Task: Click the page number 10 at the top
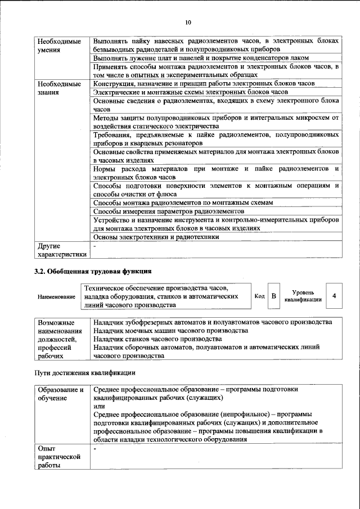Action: (188, 22)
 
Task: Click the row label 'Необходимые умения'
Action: (59, 46)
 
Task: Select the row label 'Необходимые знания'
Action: (59, 87)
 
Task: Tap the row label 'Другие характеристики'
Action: (61, 250)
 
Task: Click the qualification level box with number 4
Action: (335, 295)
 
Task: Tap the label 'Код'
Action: (259, 296)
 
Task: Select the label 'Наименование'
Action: (57, 296)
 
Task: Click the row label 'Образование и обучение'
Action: (61, 394)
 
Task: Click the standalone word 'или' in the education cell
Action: (99, 406)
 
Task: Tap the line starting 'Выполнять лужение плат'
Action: (201, 58)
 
